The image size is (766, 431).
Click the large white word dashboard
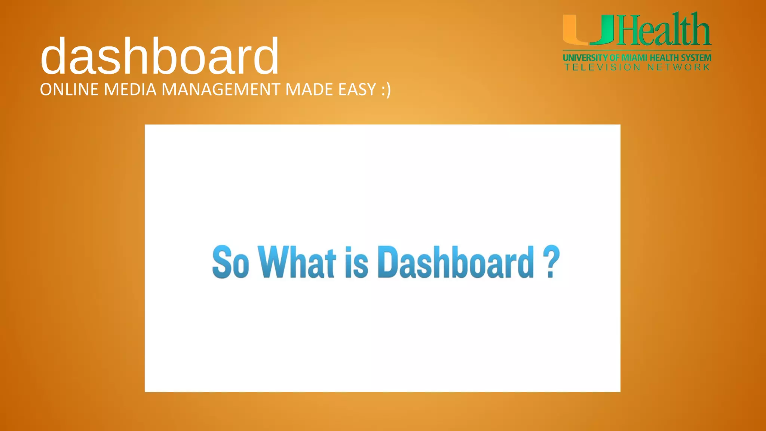160,56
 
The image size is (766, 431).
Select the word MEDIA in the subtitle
130,90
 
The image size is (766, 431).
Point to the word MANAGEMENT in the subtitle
221,90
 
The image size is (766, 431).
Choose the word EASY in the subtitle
357,90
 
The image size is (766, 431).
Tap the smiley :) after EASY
386,90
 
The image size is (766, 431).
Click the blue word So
230,262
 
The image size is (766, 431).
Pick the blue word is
356,263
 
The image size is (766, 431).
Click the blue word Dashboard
456,262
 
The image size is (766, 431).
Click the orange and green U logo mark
588,30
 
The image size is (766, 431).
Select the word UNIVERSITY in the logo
585,58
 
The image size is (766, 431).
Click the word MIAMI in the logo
634,58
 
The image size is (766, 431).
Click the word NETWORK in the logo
678,67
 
